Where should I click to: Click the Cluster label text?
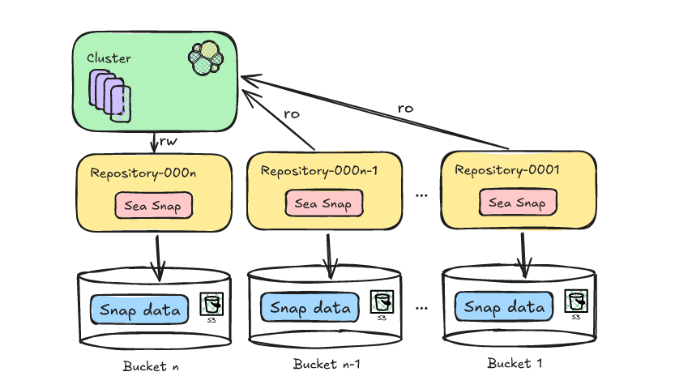tap(109, 58)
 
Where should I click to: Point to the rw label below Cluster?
tap(169, 142)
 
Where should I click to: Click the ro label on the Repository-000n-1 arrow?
tap(291, 114)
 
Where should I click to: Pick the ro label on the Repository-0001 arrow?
tap(405, 108)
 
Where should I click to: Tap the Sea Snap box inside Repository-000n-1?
tap(323, 203)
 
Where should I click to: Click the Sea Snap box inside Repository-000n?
tap(154, 206)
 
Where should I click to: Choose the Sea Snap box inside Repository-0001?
tap(518, 203)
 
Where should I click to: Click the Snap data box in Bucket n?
tap(139, 309)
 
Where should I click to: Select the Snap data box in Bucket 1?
tap(504, 307)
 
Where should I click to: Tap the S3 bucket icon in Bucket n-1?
tap(382, 304)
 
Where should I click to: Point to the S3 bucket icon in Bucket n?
tap(211, 306)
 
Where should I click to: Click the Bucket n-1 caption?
tap(326, 364)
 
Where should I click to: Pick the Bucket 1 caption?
tap(515, 363)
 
